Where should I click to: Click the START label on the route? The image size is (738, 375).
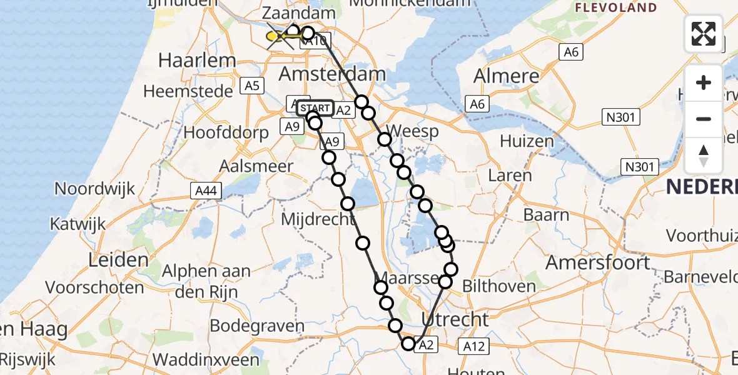click(x=315, y=108)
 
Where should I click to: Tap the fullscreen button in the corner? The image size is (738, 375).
click(x=704, y=34)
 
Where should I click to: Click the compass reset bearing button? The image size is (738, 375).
click(x=704, y=156)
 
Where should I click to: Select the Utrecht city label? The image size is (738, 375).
click(x=455, y=319)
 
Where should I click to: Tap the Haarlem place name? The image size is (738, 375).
click(x=197, y=60)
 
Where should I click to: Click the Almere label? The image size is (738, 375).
click(x=506, y=76)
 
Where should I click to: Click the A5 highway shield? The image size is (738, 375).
click(x=252, y=86)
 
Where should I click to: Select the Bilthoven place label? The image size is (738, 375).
click(x=499, y=287)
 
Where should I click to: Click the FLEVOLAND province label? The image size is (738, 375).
click(x=616, y=8)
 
